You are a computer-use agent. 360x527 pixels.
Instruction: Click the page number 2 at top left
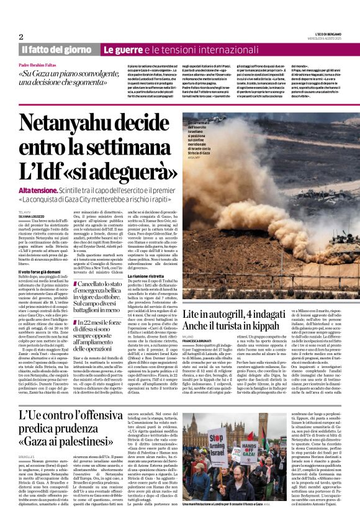pyautogui.click(x=21, y=37)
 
